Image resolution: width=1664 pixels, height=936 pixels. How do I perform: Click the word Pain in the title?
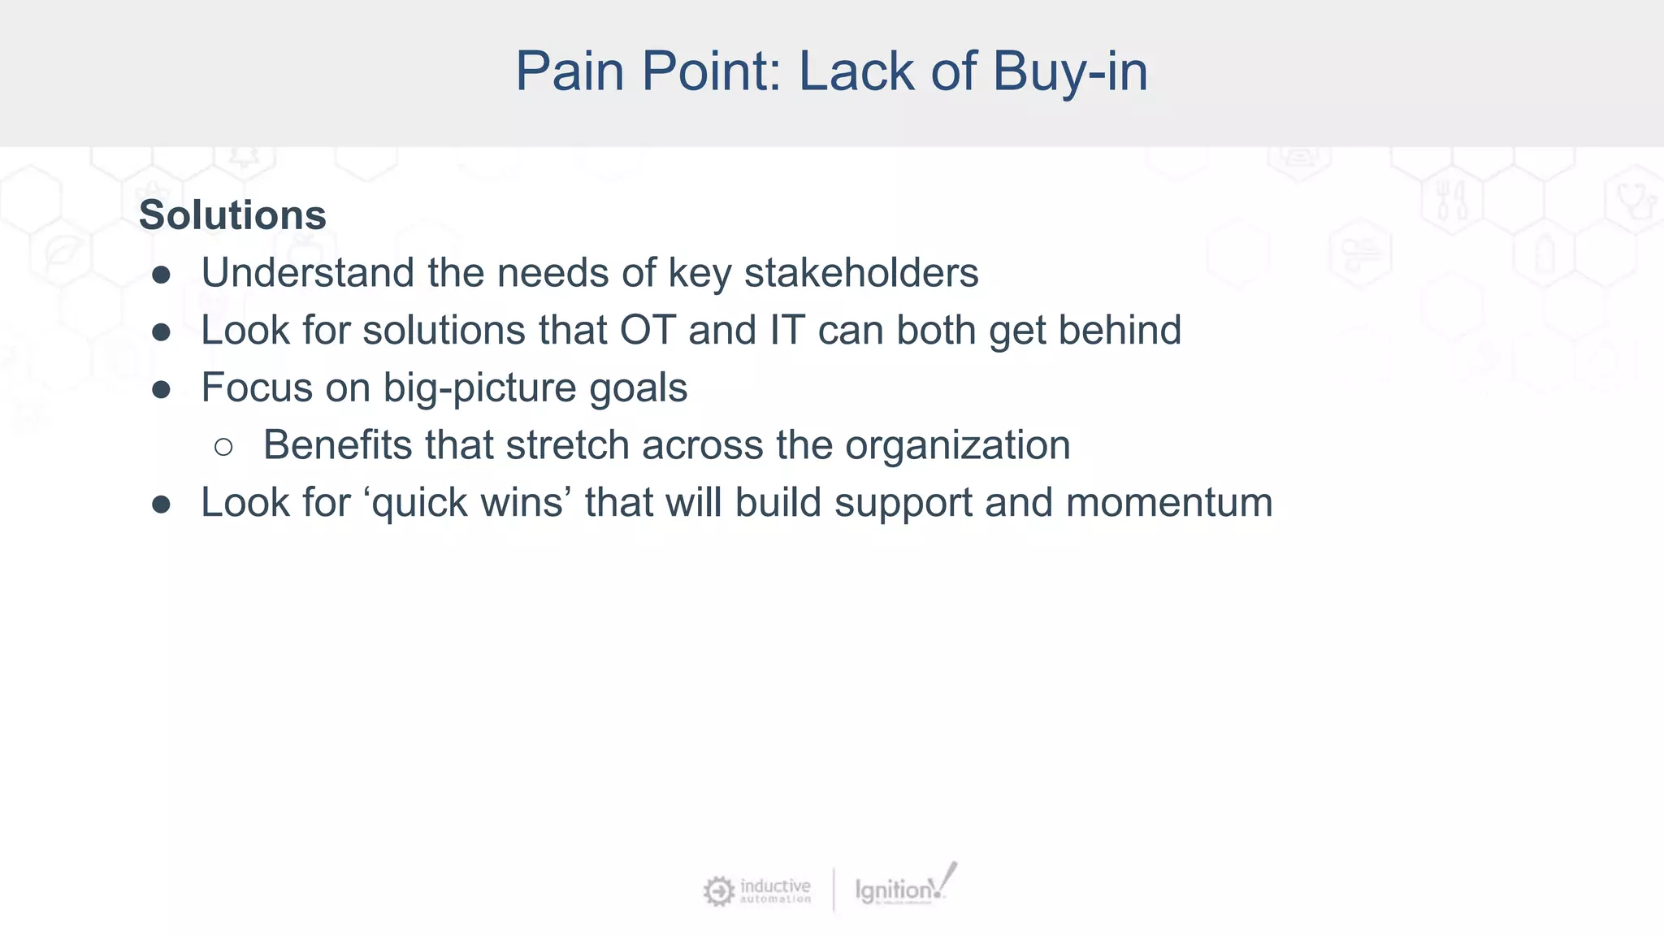[573, 71]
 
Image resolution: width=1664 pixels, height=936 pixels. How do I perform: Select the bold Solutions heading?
[232, 215]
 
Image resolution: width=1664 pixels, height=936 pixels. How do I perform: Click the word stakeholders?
[861, 273]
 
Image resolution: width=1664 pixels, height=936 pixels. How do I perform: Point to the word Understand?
[308, 273]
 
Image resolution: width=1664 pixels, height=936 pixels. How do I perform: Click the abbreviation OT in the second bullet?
[648, 331]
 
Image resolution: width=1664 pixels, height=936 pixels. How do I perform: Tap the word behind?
[1120, 331]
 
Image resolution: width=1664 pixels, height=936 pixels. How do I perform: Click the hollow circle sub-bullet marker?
[223, 447]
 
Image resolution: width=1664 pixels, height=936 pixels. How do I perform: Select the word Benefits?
[337, 445]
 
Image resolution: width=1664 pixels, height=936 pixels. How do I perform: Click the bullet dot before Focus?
[161, 390]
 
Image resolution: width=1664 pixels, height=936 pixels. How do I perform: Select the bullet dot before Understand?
[161, 275]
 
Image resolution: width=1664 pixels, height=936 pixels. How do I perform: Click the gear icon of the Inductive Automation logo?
[718, 891]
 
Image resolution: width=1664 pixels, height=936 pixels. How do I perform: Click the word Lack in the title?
[857, 71]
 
